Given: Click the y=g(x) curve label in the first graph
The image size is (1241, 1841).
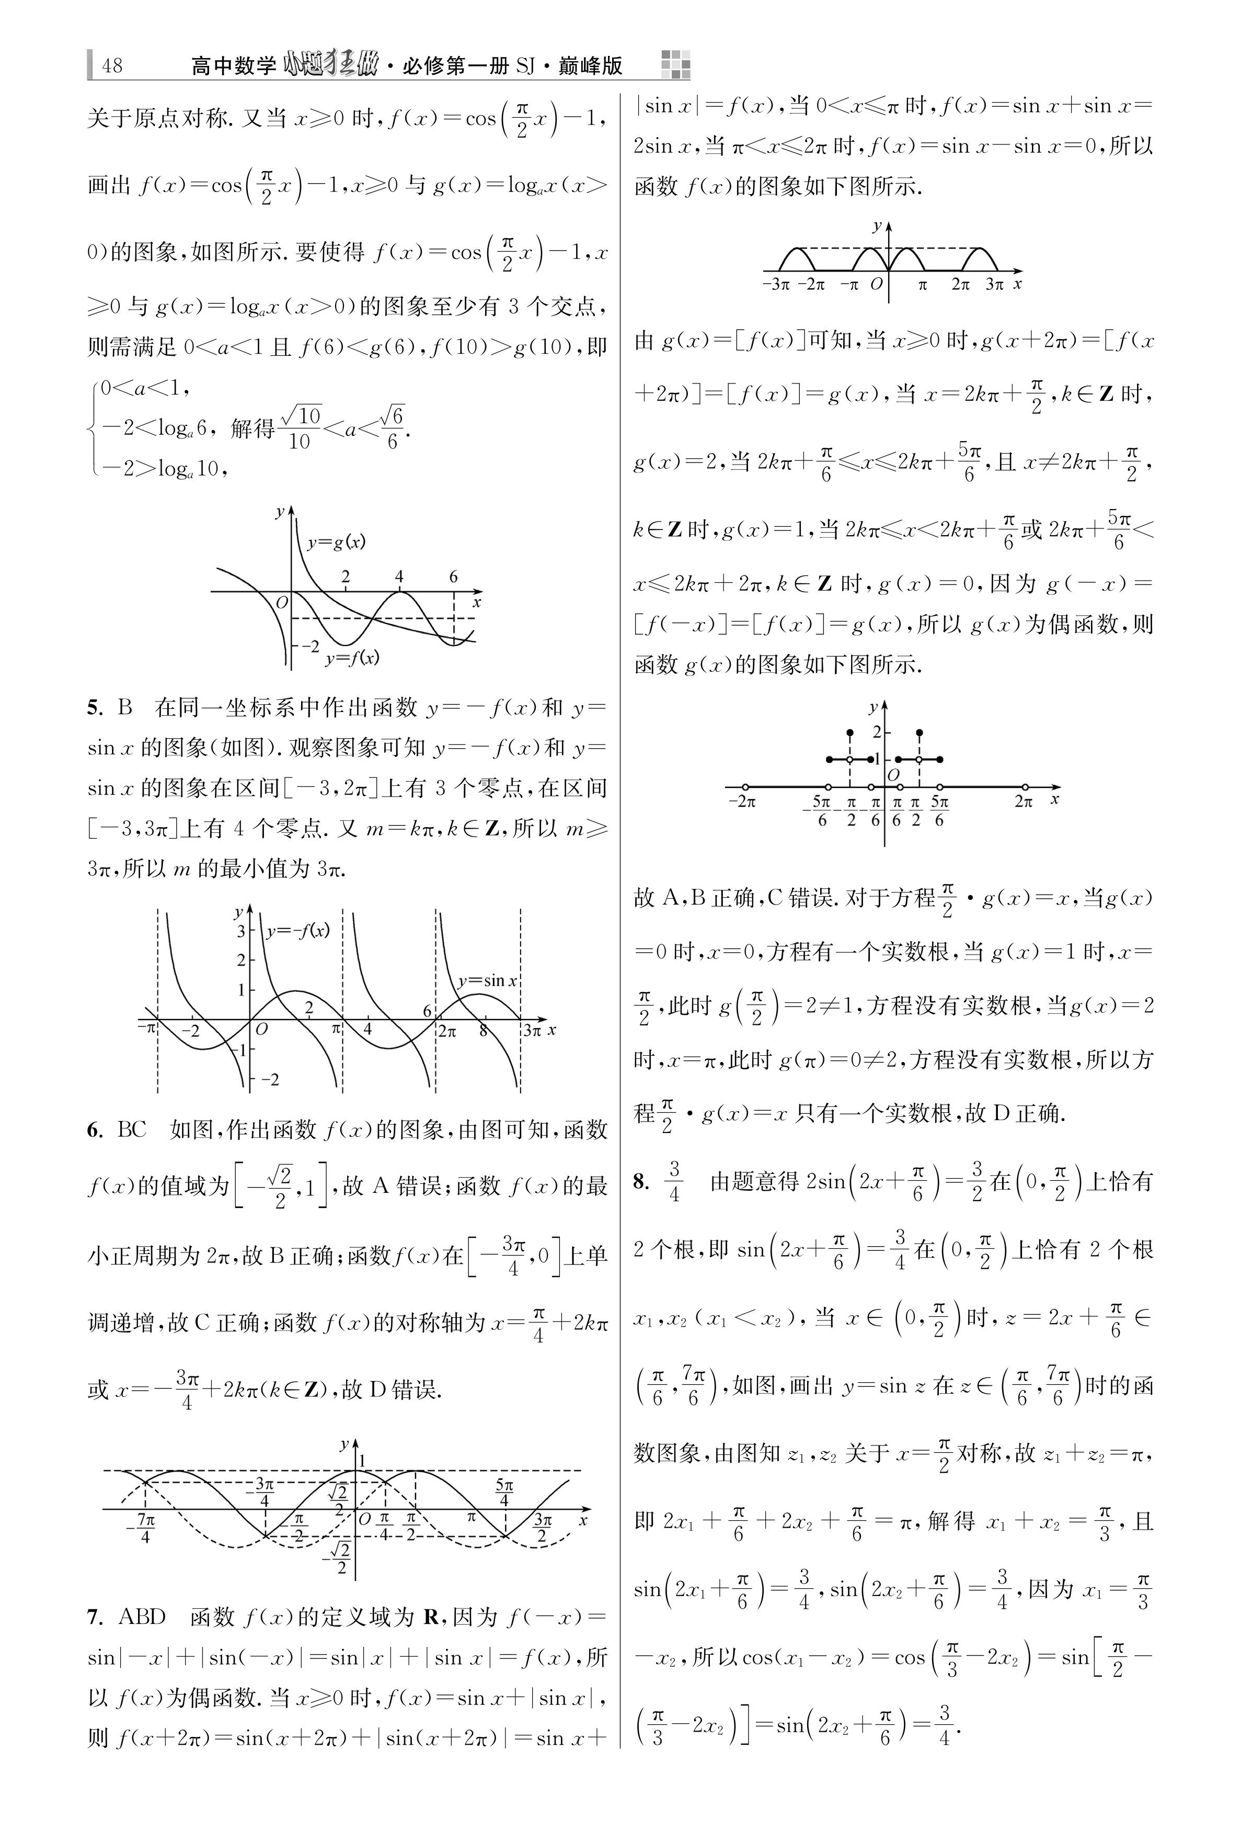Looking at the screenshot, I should (x=336, y=543).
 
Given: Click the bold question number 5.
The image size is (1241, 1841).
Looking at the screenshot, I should (x=95, y=708).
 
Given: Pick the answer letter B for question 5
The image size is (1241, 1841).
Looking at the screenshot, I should (x=125, y=708).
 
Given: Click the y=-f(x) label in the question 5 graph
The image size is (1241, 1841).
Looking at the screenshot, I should (x=297, y=931).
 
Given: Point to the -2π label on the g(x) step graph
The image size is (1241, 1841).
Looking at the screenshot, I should (x=742, y=801).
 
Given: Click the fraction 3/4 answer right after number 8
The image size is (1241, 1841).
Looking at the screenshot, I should (x=674, y=1181).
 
